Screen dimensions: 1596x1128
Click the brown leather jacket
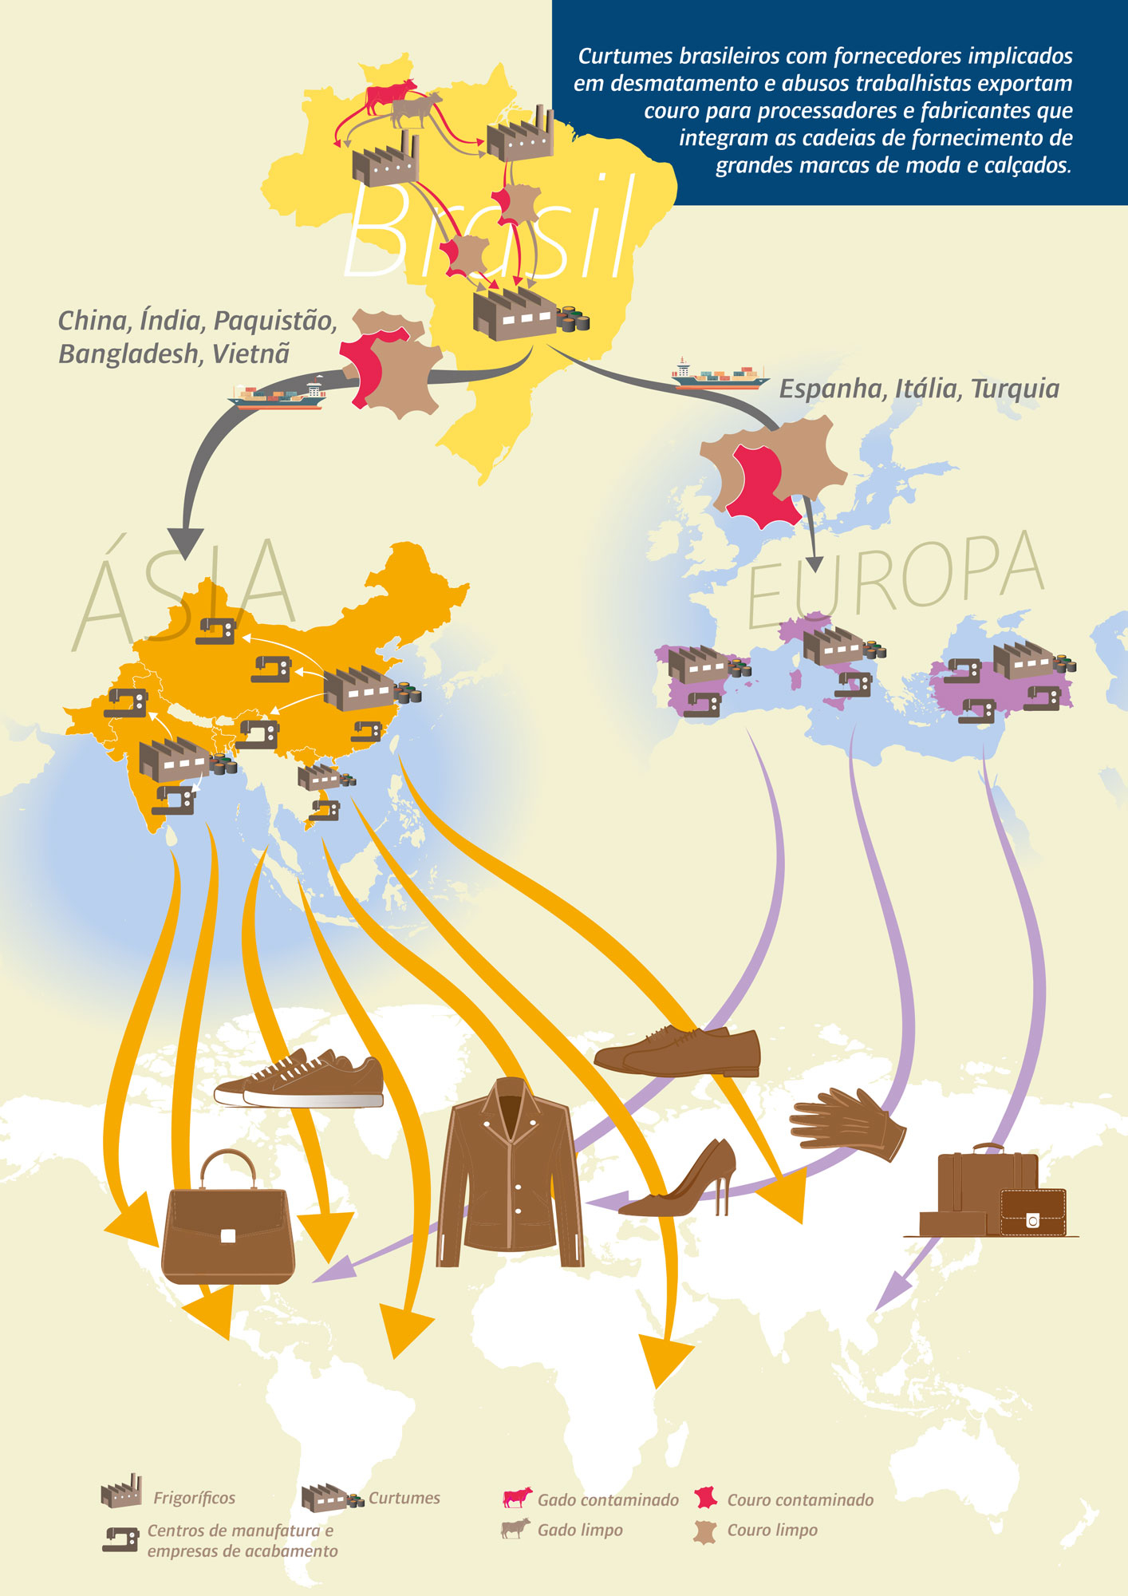pyautogui.click(x=509, y=1173)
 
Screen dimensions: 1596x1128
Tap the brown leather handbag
pyautogui.click(x=227, y=1221)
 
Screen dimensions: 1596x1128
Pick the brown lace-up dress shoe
pyautogui.click(x=678, y=1049)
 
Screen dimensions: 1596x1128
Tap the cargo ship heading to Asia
pyautogui.click(x=279, y=396)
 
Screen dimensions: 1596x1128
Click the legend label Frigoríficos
pyautogui.click(x=194, y=1498)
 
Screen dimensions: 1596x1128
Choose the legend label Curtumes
pyautogui.click(x=404, y=1498)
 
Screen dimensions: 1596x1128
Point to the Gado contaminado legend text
pyautogui.click(x=608, y=1500)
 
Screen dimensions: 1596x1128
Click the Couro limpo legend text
pyautogui.click(x=772, y=1530)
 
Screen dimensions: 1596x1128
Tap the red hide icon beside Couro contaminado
pyautogui.click(x=706, y=1499)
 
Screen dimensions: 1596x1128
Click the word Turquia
pyautogui.click(x=1015, y=389)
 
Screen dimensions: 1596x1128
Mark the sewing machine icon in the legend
pyautogui.click(x=120, y=1539)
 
